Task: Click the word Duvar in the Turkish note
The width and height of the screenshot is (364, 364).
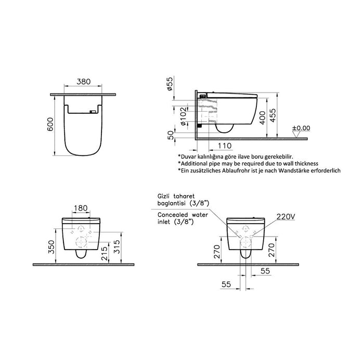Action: (x=190, y=156)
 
